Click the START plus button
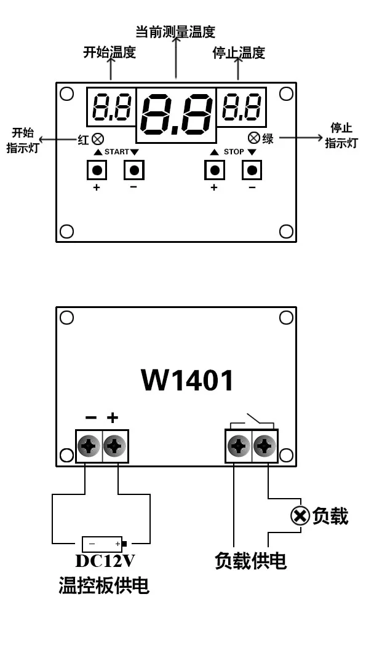(97, 170)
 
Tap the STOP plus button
(214, 170)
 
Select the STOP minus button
(252, 170)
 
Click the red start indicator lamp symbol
(97, 139)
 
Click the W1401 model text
(188, 380)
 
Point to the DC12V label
(105, 561)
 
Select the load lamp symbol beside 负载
(299, 516)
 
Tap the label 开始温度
(109, 52)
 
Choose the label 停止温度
(239, 53)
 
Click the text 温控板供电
(104, 585)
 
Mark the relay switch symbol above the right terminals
(252, 422)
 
